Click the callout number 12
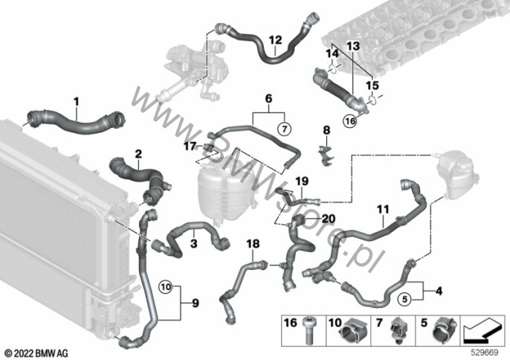point(276,40)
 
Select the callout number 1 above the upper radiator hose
point(76,102)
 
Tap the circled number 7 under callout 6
point(285,129)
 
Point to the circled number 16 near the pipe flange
point(350,121)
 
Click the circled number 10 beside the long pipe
point(166,287)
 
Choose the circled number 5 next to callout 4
point(405,299)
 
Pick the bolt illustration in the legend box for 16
point(307,330)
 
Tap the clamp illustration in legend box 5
point(445,331)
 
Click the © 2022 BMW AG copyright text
point(36,353)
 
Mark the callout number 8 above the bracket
point(326,130)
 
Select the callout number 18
point(253,243)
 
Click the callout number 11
point(383,209)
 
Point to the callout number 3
point(194,243)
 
